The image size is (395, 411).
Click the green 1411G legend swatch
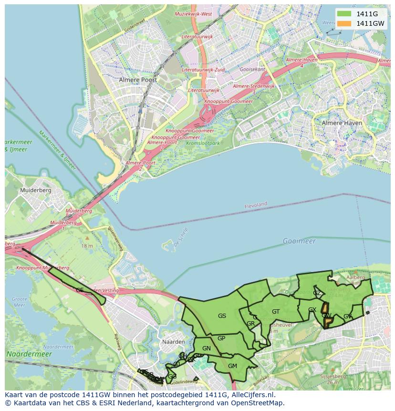point(343,14)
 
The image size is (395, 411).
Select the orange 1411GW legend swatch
point(343,23)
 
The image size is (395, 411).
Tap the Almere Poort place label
point(138,80)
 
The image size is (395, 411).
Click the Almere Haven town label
point(342,123)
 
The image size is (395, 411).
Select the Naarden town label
point(173,342)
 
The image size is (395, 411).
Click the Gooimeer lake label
point(299,241)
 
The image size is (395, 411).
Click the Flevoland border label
point(256,205)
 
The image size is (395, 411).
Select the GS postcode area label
point(222,316)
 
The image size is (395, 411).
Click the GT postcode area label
point(276,312)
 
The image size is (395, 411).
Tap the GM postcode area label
point(232,366)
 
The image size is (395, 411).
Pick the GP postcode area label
point(221,338)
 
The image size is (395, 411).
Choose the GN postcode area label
point(206,348)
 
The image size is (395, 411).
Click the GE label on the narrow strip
point(80,290)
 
